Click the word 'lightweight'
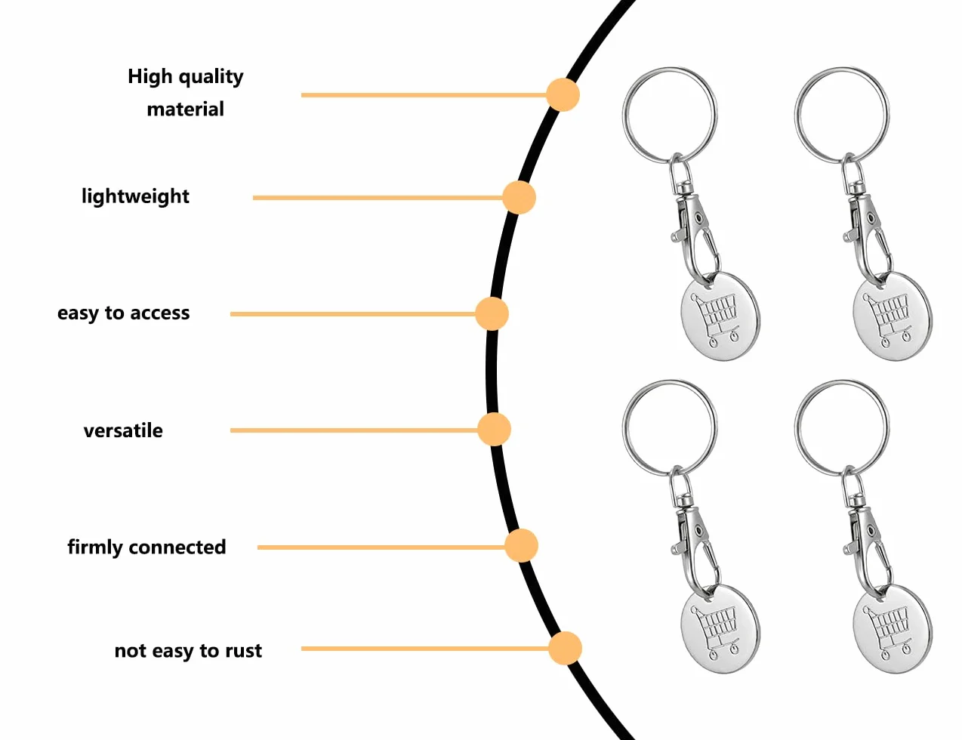(135, 196)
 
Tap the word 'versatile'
(123, 430)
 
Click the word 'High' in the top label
(150, 76)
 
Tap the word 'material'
(186, 109)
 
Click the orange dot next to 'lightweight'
(519, 197)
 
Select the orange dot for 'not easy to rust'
(565, 649)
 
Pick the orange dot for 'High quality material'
(563, 94)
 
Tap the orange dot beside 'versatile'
(494, 430)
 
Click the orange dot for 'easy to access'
(492, 314)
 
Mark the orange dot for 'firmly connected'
(522, 545)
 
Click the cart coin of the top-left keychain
(720, 316)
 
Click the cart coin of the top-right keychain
(893, 316)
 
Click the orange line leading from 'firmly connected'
(381, 547)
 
